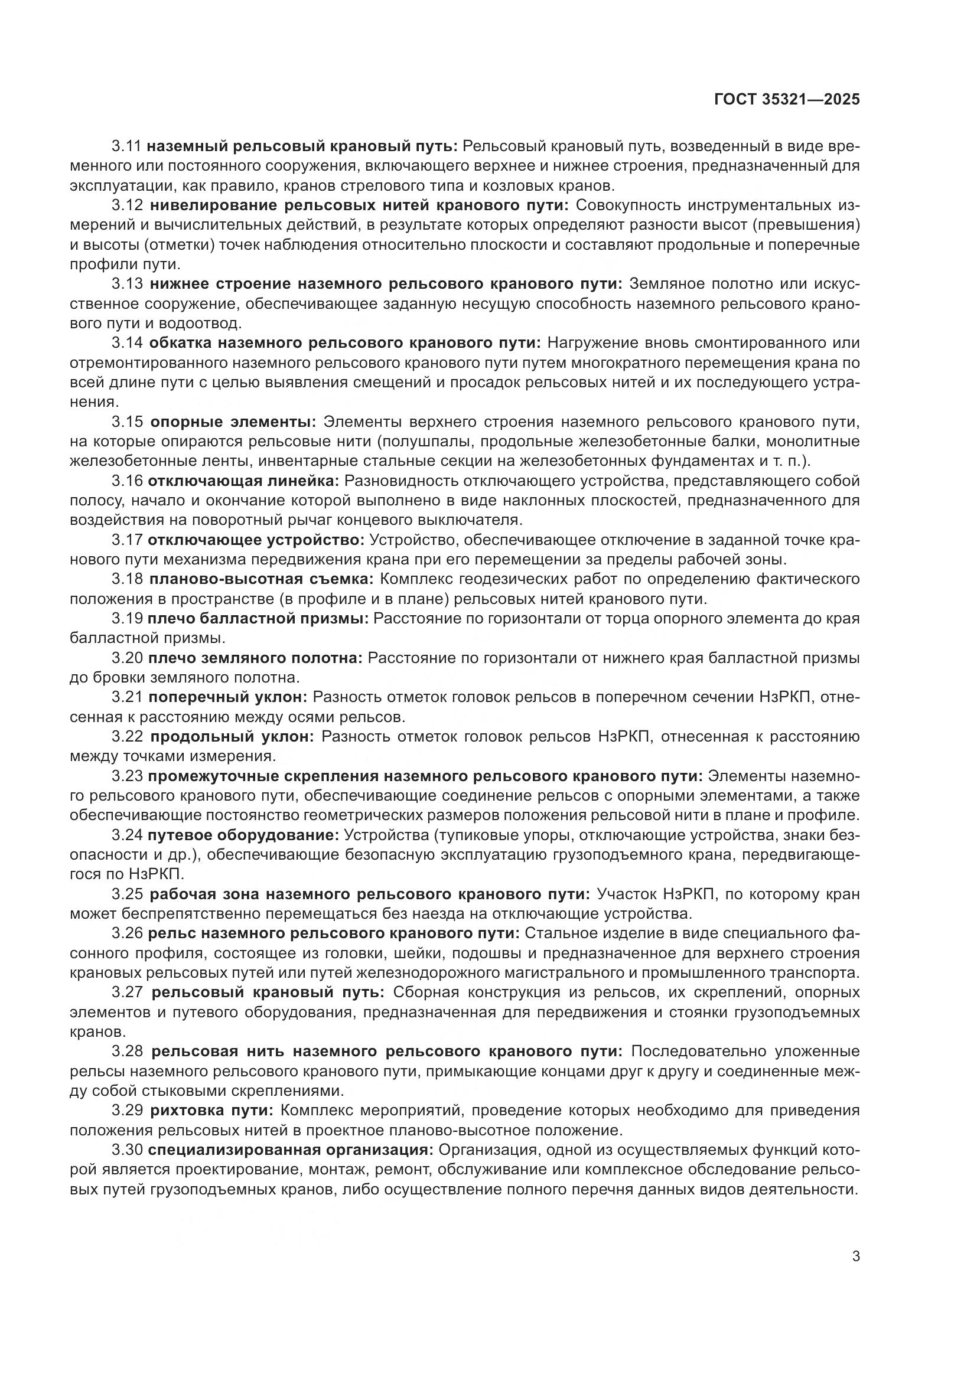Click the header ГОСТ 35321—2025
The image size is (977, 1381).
(x=786, y=100)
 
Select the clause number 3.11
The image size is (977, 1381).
(x=127, y=146)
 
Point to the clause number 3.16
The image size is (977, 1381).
(x=127, y=481)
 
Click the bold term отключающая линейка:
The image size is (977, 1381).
(x=243, y=481)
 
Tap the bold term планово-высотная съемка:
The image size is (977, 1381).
(x=262, y=579)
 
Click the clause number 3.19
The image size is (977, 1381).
(x=127, y=618)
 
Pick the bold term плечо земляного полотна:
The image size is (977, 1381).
(x=256, y=658)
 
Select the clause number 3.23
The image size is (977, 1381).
(x=127, y=776)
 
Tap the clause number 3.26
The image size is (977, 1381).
(x=127, y=933)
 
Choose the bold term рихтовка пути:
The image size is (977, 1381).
(x=212, y=1110)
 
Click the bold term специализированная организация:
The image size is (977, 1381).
(x=291, y=1150)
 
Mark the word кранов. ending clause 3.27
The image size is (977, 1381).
(x=98, y=1031)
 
